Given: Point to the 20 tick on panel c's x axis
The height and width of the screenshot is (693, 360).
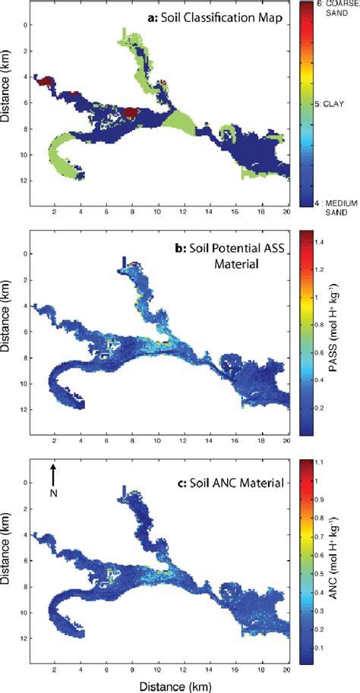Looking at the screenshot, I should click(288, 668).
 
